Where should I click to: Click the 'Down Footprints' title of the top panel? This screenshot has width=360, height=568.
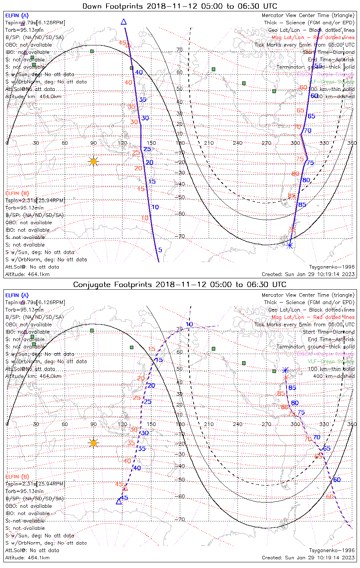[180, 6]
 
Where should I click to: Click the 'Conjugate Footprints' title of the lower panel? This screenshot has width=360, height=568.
[180, 284]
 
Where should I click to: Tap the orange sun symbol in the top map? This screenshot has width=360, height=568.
[94, 162]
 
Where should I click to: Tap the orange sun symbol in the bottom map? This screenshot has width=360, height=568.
[94, 443]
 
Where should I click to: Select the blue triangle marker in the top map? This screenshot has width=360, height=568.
[124, 22]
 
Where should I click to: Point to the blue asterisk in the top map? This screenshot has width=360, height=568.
[290, 246]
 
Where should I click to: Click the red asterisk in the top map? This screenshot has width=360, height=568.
[292, 229]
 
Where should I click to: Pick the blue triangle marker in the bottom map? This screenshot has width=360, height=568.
[119, 501]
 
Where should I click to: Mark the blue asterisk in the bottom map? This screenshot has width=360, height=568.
[286, 370]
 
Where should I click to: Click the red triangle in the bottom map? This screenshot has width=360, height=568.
[125, 488]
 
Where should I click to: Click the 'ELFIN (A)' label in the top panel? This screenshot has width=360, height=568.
[17, 16]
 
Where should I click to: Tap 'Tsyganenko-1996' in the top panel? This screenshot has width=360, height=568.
[332, 267]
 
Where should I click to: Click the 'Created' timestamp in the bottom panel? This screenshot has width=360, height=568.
[308, 557]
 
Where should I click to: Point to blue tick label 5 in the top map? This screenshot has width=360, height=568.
[160, 250]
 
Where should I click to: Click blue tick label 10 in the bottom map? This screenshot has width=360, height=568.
[189, 325]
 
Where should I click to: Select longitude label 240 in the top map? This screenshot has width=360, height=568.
[238, 143]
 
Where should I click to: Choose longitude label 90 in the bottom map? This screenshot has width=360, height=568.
[94, 424]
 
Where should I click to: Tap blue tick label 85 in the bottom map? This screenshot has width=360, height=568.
[292, 388]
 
